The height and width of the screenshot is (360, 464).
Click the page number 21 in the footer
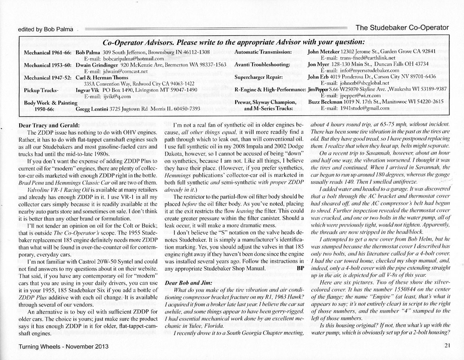[447, 345]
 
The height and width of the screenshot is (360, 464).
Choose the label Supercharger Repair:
[260, 76]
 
